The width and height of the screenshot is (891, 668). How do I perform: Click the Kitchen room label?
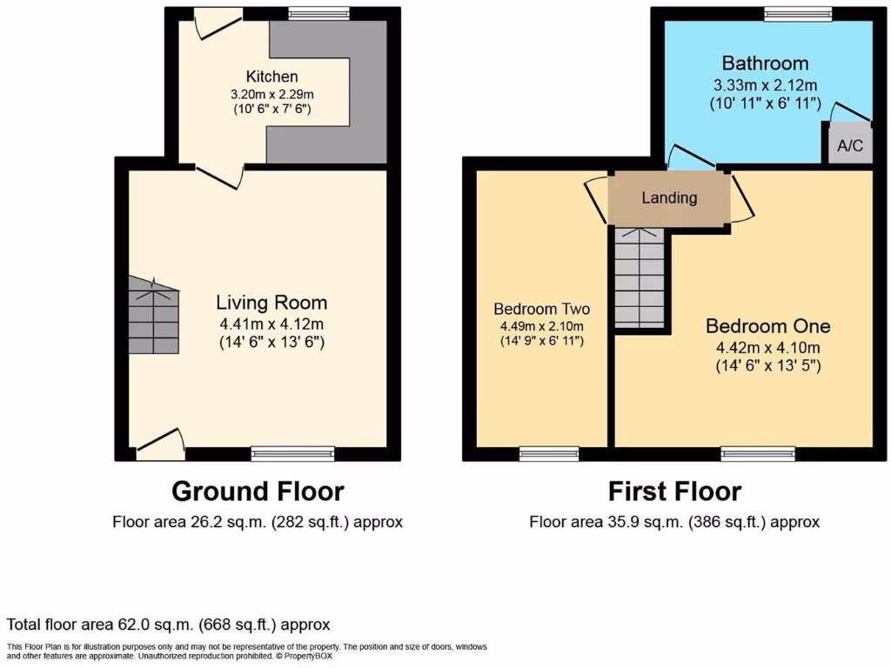[271, 77]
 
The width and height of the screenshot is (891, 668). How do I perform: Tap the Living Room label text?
[271, 303]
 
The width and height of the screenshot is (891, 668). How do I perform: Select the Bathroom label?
[765, 63]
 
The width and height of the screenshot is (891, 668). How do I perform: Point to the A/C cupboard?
[849, 145]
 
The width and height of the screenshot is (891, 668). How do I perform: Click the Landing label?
[669, 197]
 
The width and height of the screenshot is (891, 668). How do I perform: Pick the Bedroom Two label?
[541, 309]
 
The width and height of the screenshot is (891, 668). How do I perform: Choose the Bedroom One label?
[767, 326]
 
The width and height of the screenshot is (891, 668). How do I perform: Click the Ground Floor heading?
[258, 491]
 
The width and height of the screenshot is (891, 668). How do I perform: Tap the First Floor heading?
[675, 491]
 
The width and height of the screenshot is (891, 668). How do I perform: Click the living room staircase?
[154, 316]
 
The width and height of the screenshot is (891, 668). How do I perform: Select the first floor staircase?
[640, 277]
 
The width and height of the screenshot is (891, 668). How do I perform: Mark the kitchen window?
[318, 13]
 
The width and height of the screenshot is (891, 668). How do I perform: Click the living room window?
[292, 453]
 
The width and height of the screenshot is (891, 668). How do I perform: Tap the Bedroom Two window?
[549, 453]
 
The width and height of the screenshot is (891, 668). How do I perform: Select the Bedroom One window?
[758, 453]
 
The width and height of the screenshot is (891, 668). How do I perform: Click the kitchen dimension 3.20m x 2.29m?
[271, 93]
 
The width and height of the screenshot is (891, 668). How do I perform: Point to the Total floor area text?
[169, 625]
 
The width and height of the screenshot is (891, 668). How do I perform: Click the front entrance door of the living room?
[161, 444]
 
